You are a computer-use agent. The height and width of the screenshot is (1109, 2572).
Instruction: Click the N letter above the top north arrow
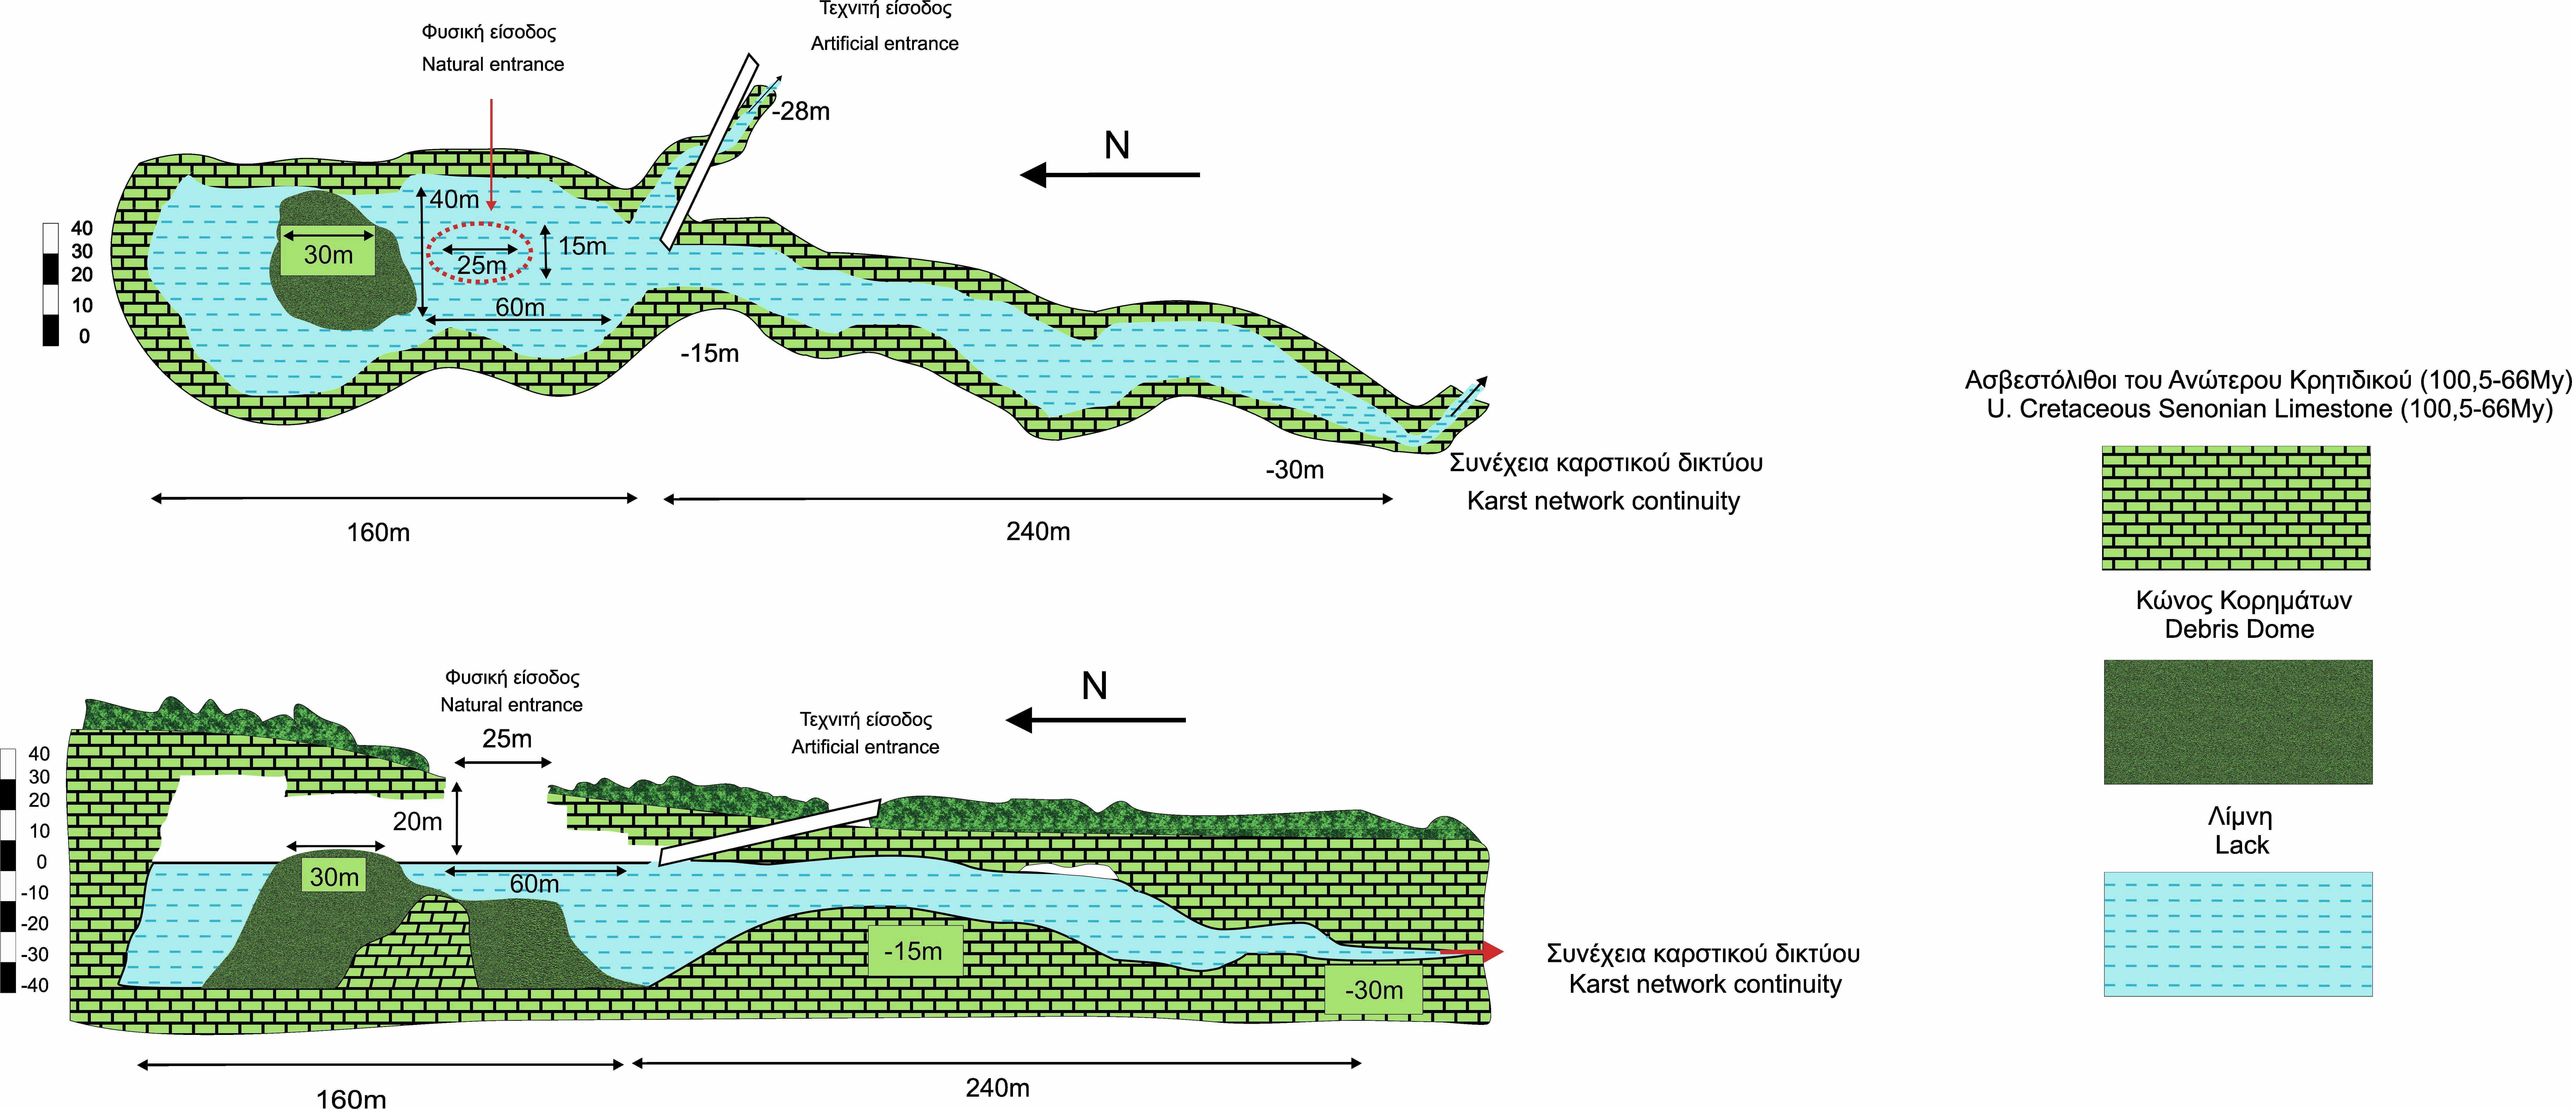click(x=1117, y=146)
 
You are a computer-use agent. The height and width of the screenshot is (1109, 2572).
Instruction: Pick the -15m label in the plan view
click(x=710, y=353)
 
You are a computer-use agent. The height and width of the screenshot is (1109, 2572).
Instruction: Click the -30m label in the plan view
click(x=1295, y=470)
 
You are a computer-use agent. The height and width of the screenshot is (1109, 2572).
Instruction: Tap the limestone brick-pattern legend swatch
click(x=2236, y=508)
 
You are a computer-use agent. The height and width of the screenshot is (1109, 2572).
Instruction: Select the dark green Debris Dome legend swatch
click(x=2237, y=722)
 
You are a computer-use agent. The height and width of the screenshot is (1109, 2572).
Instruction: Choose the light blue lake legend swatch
click(x=2237, y=934)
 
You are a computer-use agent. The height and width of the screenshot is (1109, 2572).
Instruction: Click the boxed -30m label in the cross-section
click(x=1374, y=990)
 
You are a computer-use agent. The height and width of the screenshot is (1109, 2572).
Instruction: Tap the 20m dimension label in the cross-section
click(x=417, y=821)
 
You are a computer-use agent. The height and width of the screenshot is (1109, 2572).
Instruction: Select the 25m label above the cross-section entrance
click(x=507, y=739)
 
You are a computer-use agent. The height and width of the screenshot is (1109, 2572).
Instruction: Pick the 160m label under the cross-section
click(x=352, y=1098)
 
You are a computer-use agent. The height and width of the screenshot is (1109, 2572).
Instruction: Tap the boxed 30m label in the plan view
click(x=328, y=256)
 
